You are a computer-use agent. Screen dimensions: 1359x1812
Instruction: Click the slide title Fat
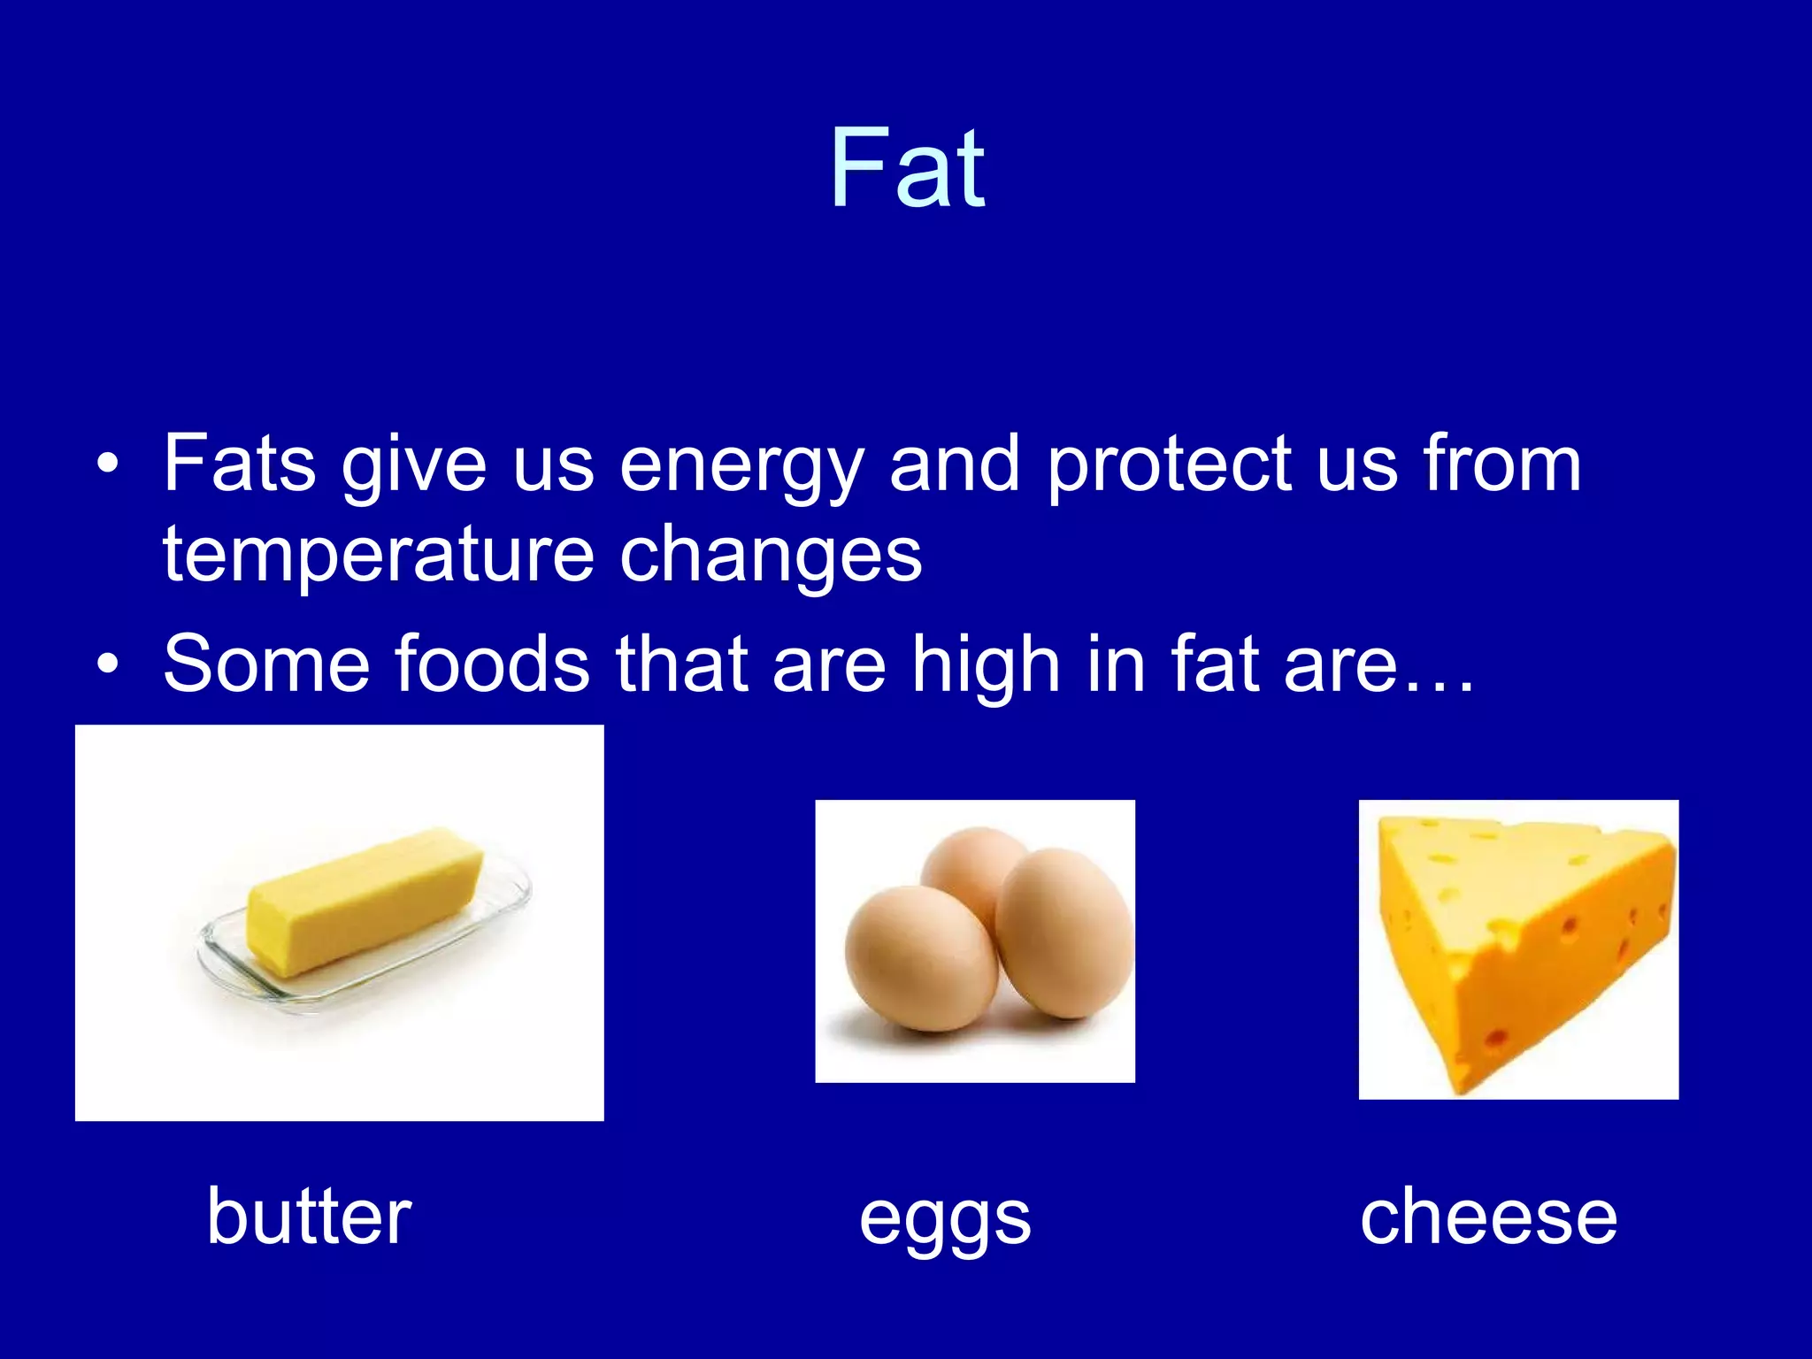907,168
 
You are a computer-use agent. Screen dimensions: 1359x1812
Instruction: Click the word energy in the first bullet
741,467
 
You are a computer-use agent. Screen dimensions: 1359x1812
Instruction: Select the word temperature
378,557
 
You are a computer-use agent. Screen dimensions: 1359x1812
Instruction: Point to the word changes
771,557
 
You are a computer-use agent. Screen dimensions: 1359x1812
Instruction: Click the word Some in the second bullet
265,664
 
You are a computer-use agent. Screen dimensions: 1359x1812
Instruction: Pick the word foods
492,664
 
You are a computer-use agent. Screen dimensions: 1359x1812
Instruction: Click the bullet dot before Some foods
107,664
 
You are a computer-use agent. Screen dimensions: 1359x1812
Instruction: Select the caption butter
309,1217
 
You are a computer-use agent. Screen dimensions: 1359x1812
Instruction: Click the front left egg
920,960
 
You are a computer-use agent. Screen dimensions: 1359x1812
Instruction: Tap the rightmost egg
1066,933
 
